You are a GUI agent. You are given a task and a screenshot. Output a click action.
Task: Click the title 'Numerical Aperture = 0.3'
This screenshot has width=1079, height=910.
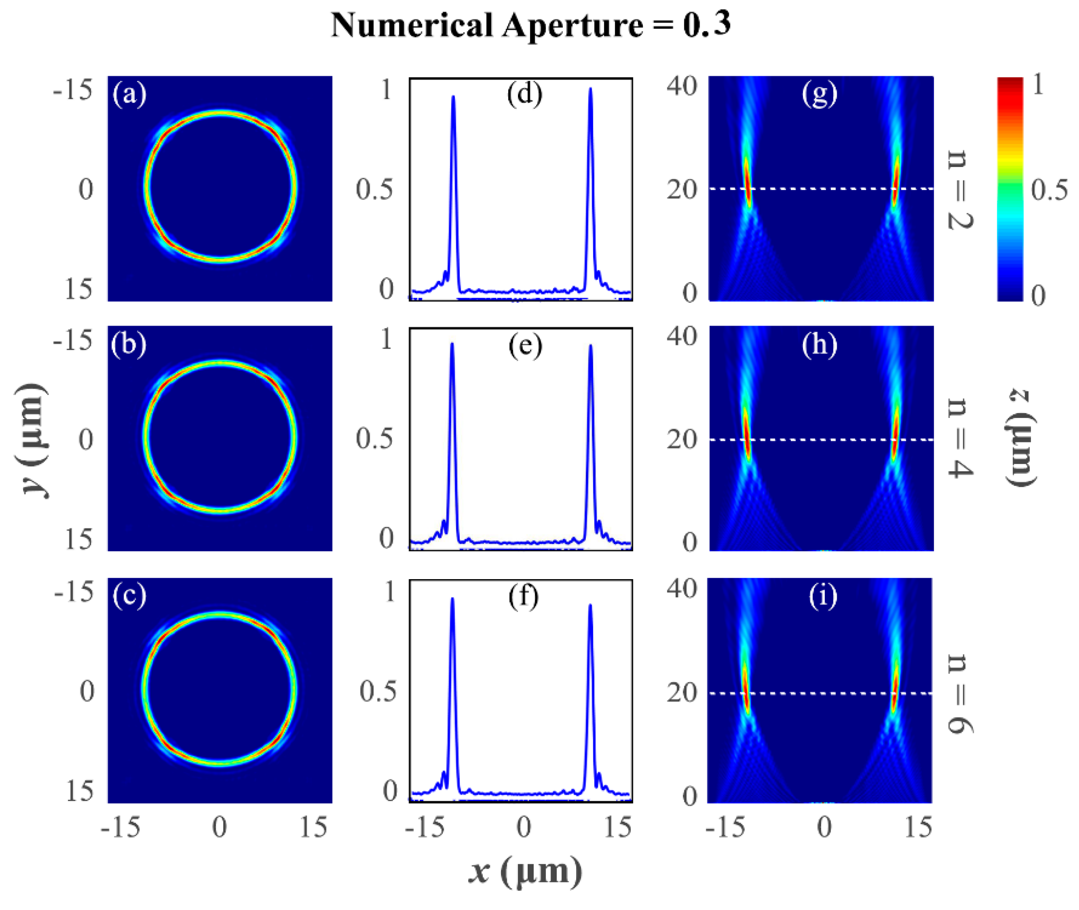(x=531, y=25)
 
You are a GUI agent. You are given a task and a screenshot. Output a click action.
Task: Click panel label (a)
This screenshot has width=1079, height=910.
(x=129, y=95)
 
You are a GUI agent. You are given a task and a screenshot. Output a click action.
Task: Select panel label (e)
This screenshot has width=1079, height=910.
(x=525, y=345)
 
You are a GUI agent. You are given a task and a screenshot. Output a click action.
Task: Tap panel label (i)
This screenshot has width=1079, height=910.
(x=822, y=596)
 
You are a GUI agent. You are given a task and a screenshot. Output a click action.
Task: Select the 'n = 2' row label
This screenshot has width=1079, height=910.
(x=960, y=189)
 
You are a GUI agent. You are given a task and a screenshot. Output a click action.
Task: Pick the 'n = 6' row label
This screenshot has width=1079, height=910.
(x=960, y=693)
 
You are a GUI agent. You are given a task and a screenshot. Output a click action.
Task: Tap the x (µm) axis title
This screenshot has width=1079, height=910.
(x=525, y=871)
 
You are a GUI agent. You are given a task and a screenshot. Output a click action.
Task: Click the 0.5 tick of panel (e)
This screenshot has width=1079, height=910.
(x=374, y=439)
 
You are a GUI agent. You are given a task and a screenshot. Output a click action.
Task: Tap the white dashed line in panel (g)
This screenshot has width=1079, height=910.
(x=821, y=189)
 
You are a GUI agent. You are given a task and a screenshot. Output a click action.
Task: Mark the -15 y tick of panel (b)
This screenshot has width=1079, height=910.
(x=73, y=341)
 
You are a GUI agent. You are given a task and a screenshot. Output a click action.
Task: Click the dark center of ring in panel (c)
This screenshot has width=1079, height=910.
(x=221, y=690)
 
